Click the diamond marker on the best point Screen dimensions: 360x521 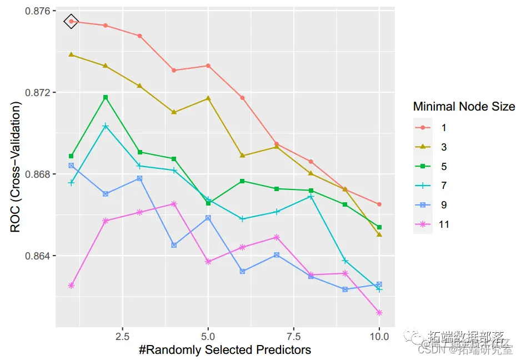(71, 21)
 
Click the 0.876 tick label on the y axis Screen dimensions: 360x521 (36, 11)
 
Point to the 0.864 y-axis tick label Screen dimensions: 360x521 (36, 256)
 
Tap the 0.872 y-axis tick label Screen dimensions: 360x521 (36, 92)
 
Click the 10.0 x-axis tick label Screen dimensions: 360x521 (379, 337)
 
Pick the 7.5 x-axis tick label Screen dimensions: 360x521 (294, 337)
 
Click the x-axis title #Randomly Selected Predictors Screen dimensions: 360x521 (225, 349)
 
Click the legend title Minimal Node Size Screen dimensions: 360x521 (464, 106)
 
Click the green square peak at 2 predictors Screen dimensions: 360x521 (106, 97)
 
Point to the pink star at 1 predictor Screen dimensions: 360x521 (71, 286)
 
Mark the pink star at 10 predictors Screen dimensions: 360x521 (379, 313)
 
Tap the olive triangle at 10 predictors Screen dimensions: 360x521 (379, 234)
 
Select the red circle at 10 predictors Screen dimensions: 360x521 (379, 204)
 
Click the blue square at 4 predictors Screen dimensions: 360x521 (174, 245)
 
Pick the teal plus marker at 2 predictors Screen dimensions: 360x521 (106, 126)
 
